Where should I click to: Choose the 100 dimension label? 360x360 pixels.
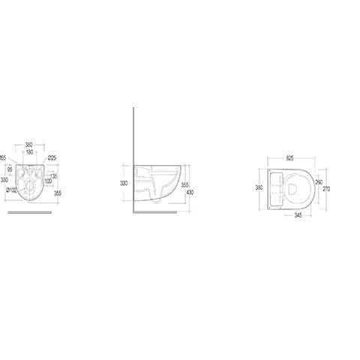[x=49, y=181]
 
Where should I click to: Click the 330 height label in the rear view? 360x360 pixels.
[x=4, y=180]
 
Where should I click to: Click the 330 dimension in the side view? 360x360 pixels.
[x=124, y=182]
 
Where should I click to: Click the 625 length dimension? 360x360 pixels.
[x=289, y=157]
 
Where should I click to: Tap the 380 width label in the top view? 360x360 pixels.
[x=259, y=188]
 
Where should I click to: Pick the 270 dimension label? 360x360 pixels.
[x=327, y=189]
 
